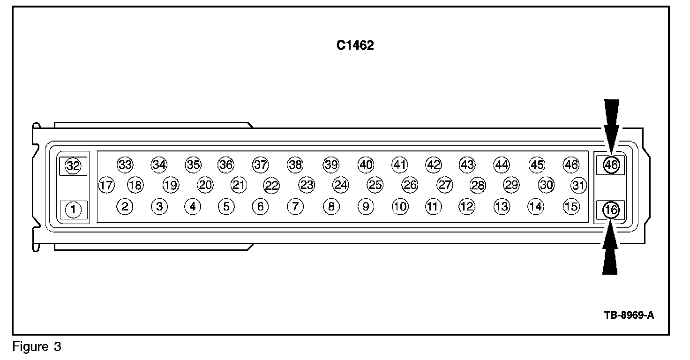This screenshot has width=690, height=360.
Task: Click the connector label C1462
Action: click(355, 45)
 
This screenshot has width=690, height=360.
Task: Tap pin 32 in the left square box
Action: click(73, 165)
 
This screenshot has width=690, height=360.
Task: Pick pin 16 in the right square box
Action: click(611, 210)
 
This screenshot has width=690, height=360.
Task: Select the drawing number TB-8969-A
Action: click(629, 315)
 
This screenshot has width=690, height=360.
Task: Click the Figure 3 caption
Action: click(37, 347)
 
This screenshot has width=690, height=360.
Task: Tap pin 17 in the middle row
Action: click(106, 185)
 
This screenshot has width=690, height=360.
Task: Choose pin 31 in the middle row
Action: click(579, 185)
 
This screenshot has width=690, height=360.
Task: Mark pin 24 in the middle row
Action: click(341, 185)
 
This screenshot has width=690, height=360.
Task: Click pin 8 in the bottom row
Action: click(331, 206)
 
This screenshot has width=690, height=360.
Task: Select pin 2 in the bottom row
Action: click(125, 206)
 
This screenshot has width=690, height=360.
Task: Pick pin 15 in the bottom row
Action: click(571, 206)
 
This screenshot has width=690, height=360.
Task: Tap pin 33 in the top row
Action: click(125, 165)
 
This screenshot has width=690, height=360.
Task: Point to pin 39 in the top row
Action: click(330, 165)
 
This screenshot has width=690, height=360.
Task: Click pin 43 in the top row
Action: click(467, 165)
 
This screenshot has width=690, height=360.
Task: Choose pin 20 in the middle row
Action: click(205, 185)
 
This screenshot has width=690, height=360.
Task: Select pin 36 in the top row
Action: click(226, 165)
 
